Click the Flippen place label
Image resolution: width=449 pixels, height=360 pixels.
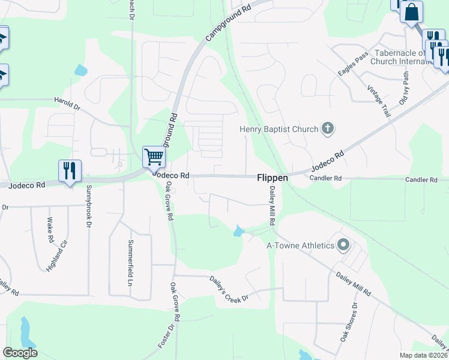[273, 178]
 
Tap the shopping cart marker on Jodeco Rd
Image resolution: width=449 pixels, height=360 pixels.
[154, 158]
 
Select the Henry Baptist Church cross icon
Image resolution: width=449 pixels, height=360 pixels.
[327, 127]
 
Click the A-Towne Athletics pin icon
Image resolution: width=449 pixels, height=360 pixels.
[343, 245]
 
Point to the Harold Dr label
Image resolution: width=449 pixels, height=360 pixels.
[67, 104]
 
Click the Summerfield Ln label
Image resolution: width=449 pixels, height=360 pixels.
[130, 255]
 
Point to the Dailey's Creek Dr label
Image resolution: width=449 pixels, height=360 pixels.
[229, 289]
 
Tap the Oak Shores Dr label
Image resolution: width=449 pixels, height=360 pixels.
[349, 322]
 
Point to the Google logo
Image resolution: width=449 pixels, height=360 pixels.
[20, 353]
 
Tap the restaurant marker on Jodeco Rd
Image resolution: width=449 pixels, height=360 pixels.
[70, 171]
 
